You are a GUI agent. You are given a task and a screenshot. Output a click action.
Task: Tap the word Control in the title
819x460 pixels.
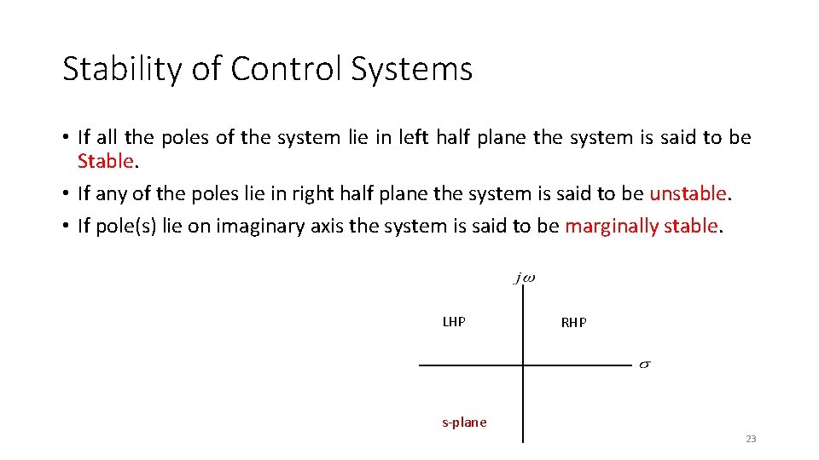(262, 69)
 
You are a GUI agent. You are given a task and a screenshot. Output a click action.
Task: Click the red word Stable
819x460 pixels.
(106, 161)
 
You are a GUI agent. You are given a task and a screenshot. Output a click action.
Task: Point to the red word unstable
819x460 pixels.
(688, 193)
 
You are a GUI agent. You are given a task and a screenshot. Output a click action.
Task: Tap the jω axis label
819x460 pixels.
(525, 279)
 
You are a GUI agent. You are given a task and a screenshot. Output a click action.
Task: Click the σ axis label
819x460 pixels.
(645, 365)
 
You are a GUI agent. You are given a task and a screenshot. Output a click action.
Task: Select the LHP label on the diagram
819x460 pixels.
(454, 322)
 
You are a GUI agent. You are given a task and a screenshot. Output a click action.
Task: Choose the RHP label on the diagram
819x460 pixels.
(573, 323)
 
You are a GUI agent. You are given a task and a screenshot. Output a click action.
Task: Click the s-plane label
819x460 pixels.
(464, 422)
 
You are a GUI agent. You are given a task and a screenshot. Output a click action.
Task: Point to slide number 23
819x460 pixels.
(751, 439)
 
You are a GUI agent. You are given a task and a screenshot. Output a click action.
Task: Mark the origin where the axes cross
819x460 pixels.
(523, 365)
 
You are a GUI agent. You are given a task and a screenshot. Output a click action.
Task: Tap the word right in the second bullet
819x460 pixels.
(311, 193)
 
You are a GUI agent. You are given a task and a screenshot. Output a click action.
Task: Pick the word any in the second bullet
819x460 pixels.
(107, 193)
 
